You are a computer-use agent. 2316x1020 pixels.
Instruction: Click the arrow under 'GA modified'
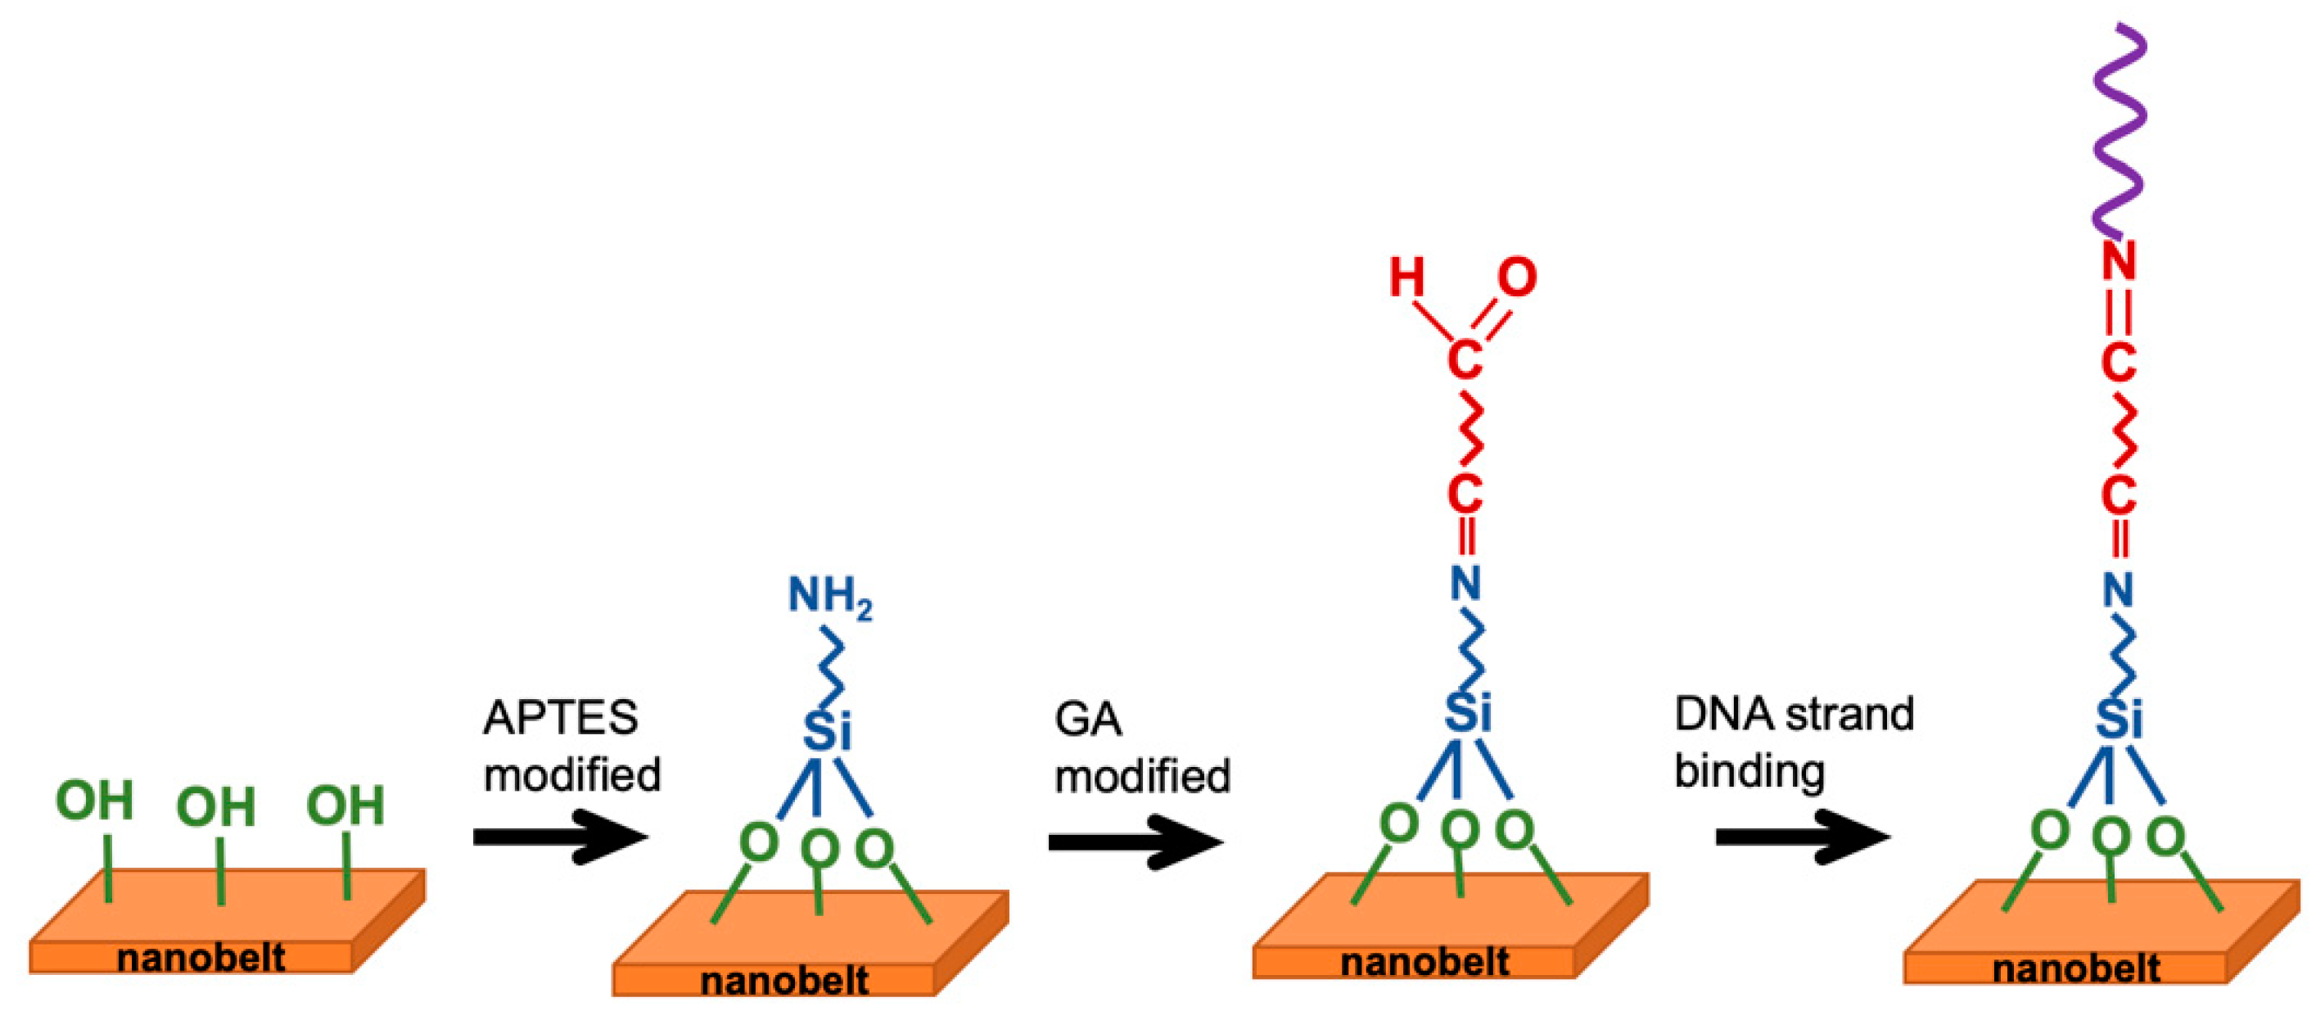[1135, 842]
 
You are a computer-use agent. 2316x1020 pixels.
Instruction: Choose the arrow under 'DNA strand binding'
[1803, 837]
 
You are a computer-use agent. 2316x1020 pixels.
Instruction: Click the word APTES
[560, 718]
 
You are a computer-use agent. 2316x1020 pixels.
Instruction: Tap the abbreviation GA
[1088, 720]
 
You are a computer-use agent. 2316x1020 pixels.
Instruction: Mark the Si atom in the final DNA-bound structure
[2119, 719]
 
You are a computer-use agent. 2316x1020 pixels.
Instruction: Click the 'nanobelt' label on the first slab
[201, 958]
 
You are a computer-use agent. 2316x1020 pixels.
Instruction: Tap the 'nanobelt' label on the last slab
[2076, 968]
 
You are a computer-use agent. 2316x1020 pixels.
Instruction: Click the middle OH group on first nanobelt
[216, 806]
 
